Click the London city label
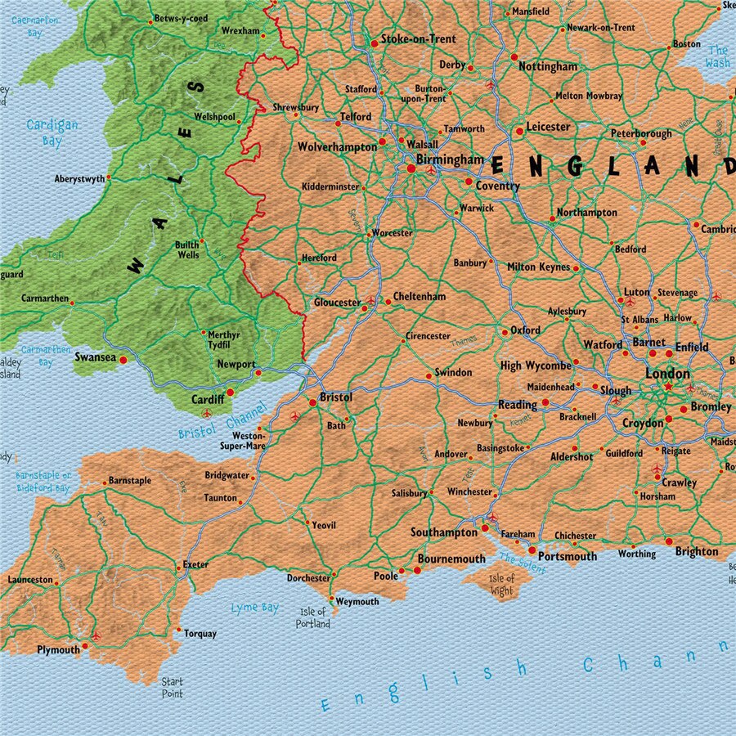[x=668, y=373]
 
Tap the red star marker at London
[x=668, y=386]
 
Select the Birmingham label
[x=449, y=159]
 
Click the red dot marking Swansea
[x=123, y=359]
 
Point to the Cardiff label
[x=207, y=400]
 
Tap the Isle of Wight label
[x=501, y=585]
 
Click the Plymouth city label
[x=58, y=650]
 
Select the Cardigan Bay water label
[x=52, y=132]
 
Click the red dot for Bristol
[x=312, y=402]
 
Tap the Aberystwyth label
[x=79, y=179]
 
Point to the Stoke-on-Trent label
[x=418, y=39]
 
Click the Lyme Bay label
[x=254, y=608]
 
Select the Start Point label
[x=172, y=687]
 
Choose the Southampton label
[x=443, y=532]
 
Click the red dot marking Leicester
[x=518, y=131]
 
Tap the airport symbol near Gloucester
[x=370, y=300]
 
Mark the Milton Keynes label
[x=538, y=267]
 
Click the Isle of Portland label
[x=312, y=617]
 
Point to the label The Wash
[x=717, y=56]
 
